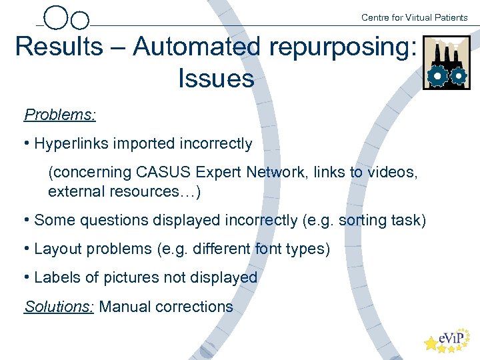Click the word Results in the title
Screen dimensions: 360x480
[x=59, y=47]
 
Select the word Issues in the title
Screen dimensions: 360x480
[x=216, y=79]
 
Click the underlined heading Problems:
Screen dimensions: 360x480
[x=60, y=114]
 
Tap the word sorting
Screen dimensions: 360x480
[x=363, y=220]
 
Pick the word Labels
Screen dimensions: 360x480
[x=56, y=277]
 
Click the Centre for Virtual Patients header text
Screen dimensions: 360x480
[x=414, y=17]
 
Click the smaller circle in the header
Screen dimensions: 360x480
[x=79, y=21]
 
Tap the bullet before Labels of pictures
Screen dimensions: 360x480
[x=26, y=277]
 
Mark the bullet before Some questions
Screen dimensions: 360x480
[x=26, y=220]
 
